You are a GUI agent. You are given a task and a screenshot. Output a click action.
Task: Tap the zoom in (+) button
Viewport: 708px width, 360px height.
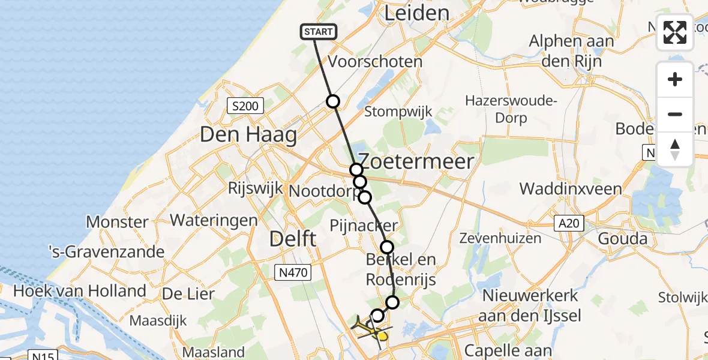tap(675, 79)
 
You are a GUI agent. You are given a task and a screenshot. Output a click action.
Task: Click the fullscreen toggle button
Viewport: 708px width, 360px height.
tap(675, 32)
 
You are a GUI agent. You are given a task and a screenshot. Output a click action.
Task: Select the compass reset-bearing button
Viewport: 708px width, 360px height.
tap(675, 149)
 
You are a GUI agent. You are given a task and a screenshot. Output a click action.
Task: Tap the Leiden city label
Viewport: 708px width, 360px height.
tap(416, 13)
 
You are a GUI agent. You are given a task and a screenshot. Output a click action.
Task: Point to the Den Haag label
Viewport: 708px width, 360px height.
tap(248, 134)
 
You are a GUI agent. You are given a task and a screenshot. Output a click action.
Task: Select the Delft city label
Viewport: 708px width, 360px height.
tap(293, 239)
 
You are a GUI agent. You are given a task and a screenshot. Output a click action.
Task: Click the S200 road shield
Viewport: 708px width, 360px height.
tap(245, 107)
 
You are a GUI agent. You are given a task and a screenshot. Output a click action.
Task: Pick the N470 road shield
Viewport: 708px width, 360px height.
tap(293, 273)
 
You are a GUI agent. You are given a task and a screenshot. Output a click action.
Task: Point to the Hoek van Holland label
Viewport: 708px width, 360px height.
tap(80, 292)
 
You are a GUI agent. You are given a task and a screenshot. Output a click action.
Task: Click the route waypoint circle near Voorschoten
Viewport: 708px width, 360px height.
tap(332, 101)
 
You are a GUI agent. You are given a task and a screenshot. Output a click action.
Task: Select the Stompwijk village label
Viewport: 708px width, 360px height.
tap(398, 112)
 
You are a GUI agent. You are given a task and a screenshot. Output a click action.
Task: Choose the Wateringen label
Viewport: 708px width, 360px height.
tap(214, 220)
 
